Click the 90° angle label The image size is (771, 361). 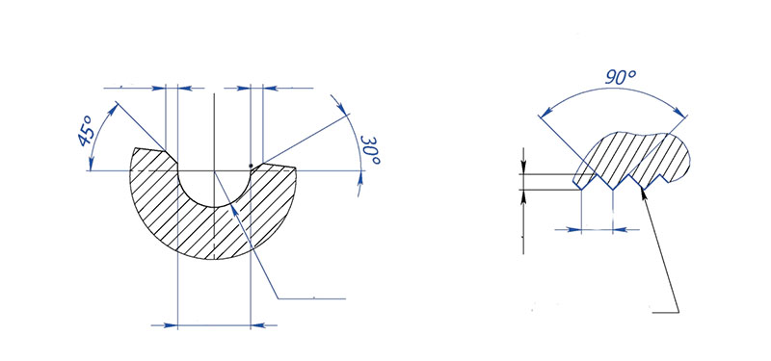click(x=618, y=80)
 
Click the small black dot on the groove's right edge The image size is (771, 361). click(x=251, y=165)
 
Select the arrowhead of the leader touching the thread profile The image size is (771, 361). click(x=643, y=189)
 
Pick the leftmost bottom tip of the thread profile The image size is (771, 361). click(x=584, y=189)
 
